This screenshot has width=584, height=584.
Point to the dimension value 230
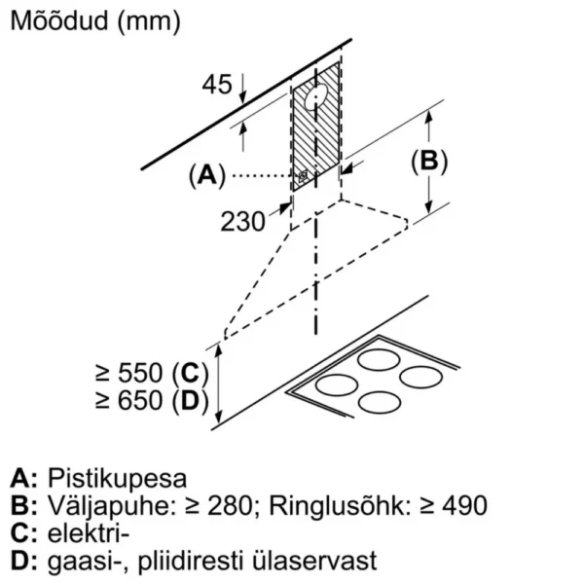(x=242, y=222)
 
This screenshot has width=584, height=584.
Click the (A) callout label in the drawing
(x=207, y=176)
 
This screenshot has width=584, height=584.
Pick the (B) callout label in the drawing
(x=429, y=163)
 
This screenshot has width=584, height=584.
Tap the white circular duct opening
(x=316, y=95)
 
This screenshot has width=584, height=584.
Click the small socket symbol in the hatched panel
(x=304, y=176)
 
